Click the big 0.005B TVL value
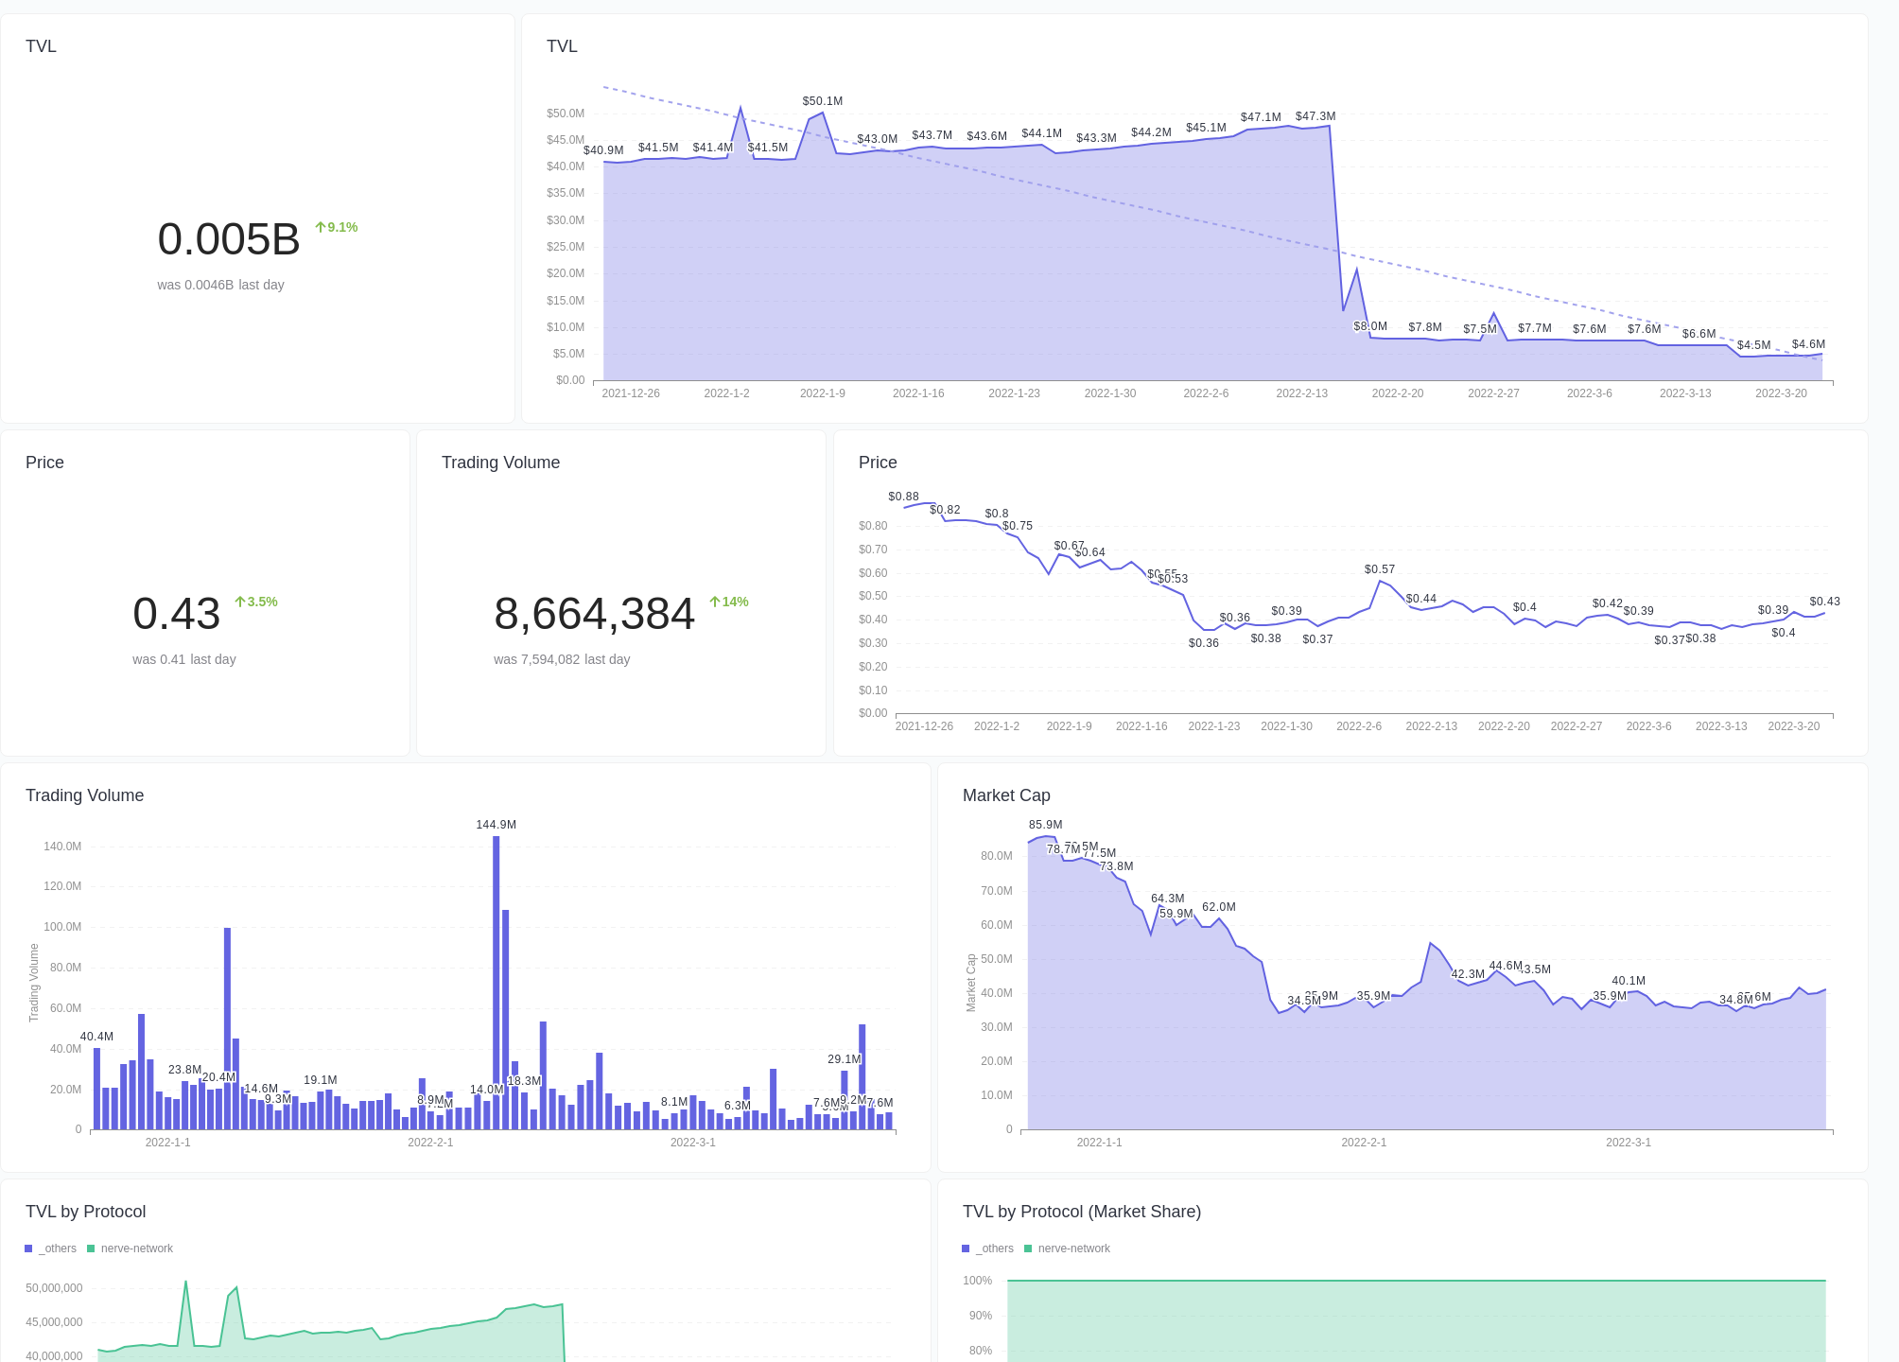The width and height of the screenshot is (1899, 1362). [229, 239]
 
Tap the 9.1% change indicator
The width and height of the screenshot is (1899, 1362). [337, 227]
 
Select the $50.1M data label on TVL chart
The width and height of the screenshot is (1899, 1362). [822, 101]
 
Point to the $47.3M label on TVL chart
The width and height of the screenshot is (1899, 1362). [1315, 116]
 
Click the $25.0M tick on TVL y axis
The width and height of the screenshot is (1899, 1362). [566, 247]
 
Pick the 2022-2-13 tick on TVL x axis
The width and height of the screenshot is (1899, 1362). [1301, 393]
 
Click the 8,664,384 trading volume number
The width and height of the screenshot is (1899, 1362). [594, 614]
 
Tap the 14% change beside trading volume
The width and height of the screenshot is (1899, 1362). [729, 602]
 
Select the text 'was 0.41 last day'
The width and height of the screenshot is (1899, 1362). [184, 659]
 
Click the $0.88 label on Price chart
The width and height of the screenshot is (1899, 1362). [903, 497]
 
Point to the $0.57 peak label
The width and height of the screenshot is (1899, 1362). [1379, 569]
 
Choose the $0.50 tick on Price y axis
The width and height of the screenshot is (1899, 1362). [873, 596]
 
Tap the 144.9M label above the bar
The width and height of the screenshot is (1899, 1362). [496, 825]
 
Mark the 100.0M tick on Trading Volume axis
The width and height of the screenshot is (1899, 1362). [62, 927]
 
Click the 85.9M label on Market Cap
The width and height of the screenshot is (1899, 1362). [1045, 825]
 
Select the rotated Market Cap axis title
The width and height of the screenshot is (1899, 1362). [970, 983]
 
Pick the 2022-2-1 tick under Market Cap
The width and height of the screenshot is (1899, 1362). [1364, 1143]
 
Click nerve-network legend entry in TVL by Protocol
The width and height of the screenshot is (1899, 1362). [131, 1248]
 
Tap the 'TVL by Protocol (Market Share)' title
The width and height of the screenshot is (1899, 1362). [1081, 1212]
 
